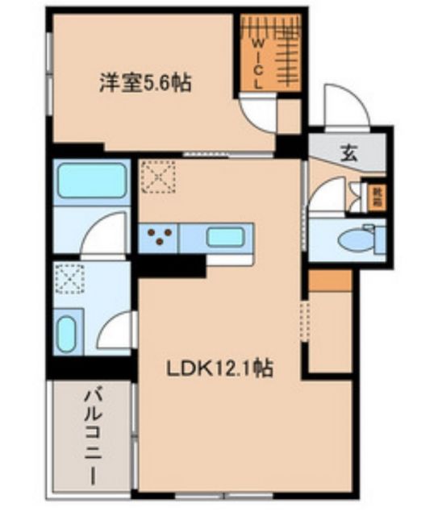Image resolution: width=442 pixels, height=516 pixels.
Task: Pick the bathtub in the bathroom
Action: coord(93,181)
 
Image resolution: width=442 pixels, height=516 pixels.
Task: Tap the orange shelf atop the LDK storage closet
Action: coord(330,281)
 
